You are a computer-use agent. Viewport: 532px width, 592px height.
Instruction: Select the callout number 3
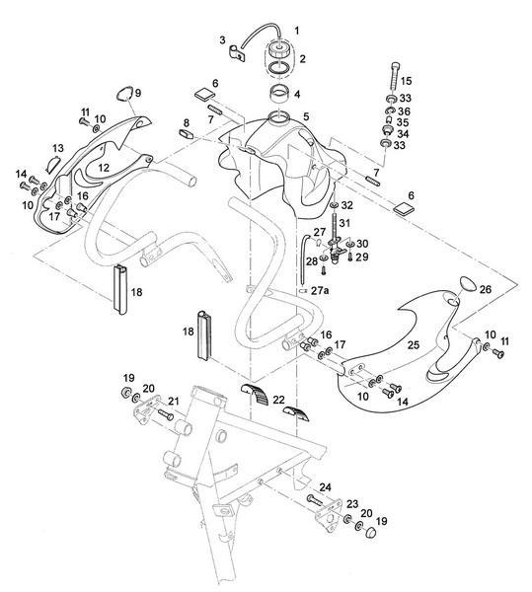[223, 40]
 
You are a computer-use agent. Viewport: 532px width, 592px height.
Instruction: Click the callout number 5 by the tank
[306, 116]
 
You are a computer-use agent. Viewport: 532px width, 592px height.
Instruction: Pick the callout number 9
[138, 93]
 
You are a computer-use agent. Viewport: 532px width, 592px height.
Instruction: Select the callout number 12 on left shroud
[103, 169]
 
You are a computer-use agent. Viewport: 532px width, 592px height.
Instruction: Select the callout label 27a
[318, 293]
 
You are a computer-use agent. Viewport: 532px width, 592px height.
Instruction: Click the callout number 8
[185, 123]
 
